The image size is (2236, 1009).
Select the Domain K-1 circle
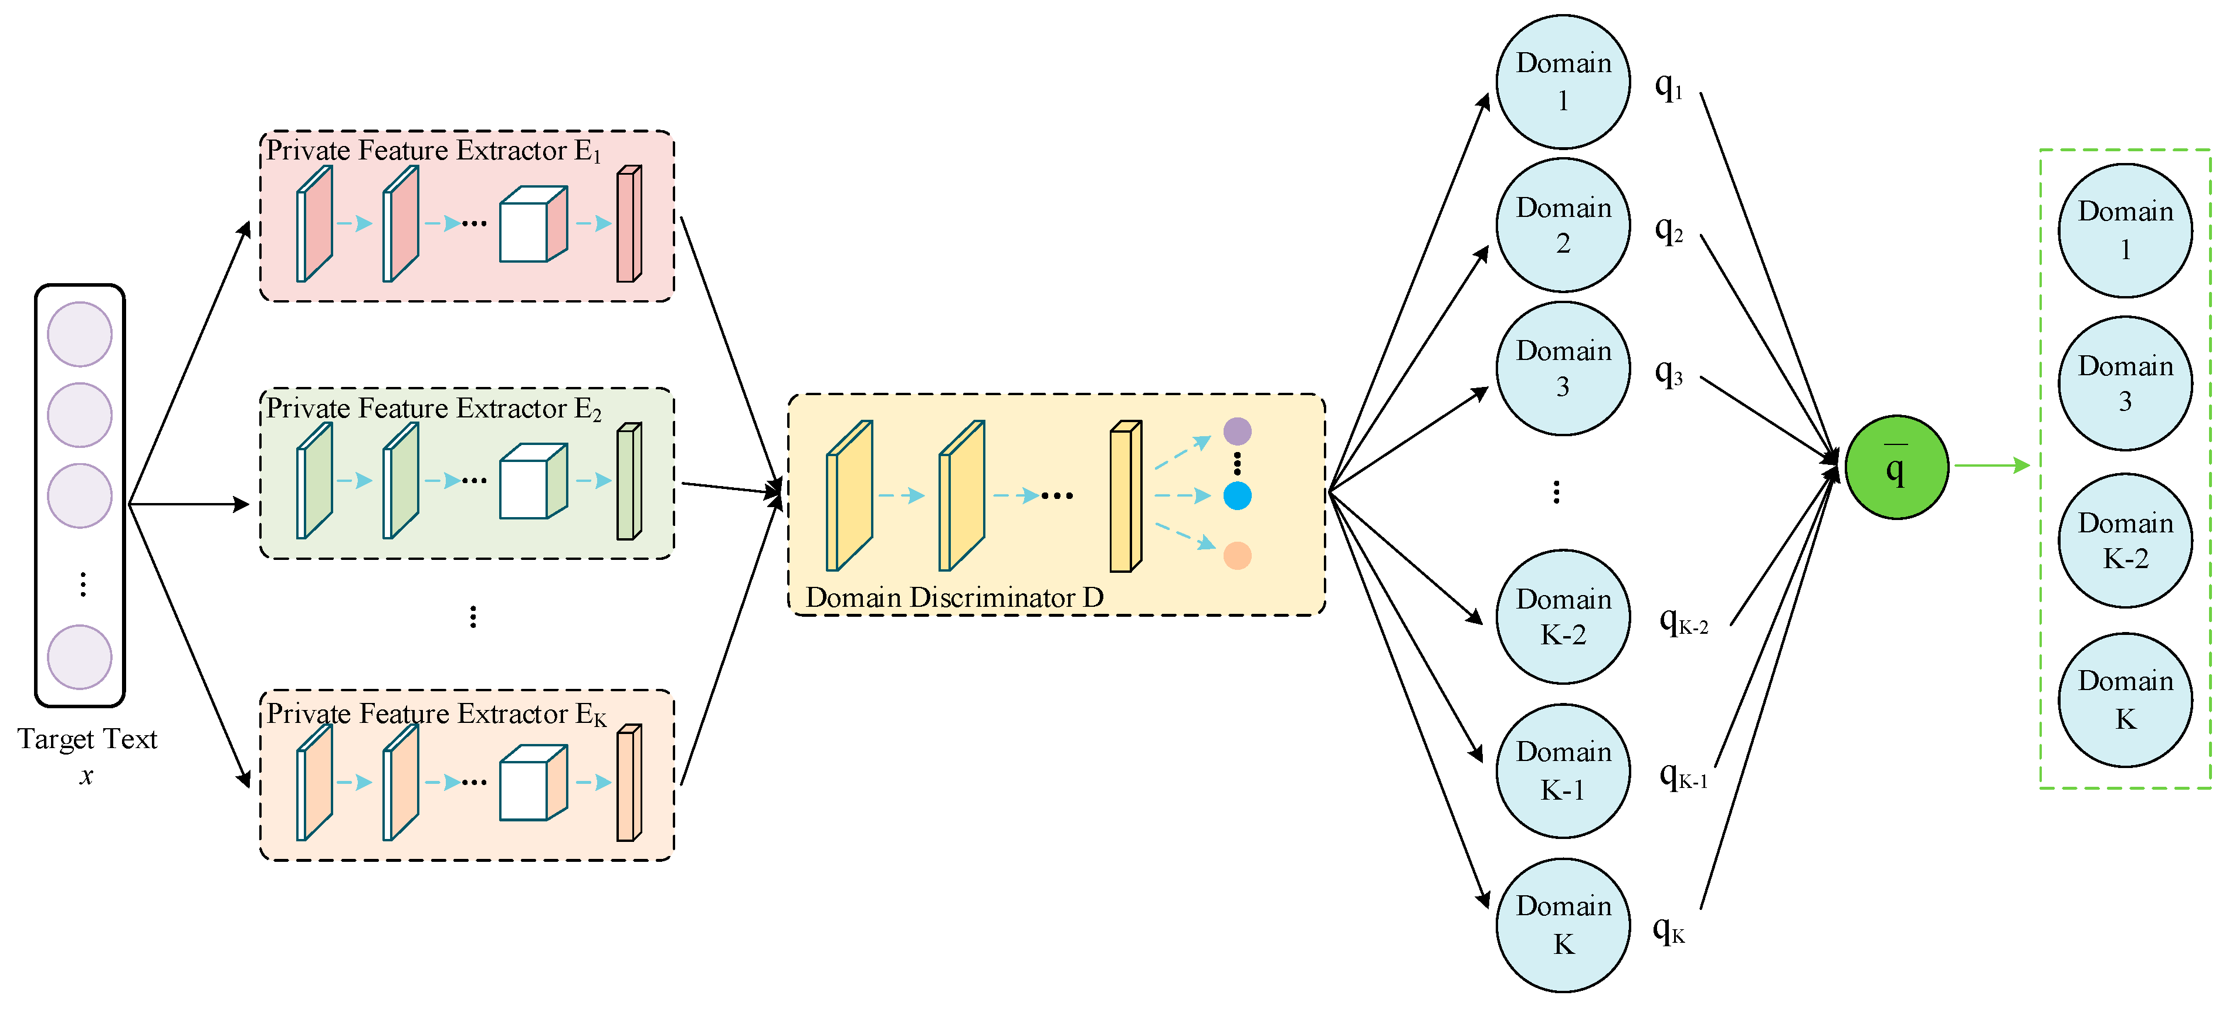[x=1563, y=770]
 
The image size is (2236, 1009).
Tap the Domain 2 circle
[x=1563, y=225]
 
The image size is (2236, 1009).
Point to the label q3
[x=1668, y=373]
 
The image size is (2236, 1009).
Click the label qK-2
[x=1682, y=621]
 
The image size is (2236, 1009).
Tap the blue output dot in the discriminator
[x=1237, y=495]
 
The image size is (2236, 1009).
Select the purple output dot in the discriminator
[x=1237, y=430]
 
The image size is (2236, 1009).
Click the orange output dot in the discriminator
[x=1237, y=555]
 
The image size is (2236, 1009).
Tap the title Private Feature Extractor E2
[x=433, y=408]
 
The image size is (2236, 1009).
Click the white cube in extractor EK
[x=532, y=783]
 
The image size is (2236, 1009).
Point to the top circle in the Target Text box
[x=80, y=334]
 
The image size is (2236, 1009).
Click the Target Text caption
[x=87, y=739]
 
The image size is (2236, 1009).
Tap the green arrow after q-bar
[x=1991, y=466]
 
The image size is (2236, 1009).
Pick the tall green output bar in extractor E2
[x=628, y=481]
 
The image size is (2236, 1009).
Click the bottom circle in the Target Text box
[x=80, y=657]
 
